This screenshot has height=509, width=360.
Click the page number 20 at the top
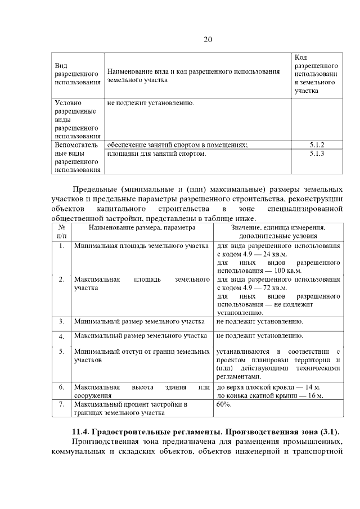click(x=207, y=39)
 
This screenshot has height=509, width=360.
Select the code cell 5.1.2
click(x=317, y=145)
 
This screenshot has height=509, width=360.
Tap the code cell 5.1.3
click(x=317, y=153)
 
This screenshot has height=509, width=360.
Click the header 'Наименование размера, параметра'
click(x=141, y=228)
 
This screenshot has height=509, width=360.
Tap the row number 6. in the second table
click(x=61, y=387)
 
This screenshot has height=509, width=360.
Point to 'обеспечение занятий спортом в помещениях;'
click(x=177, y=145)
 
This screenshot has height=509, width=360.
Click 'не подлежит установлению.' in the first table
click(x=151, y=103)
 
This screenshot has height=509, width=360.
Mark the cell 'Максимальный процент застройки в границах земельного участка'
click(x=130, y=408)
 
